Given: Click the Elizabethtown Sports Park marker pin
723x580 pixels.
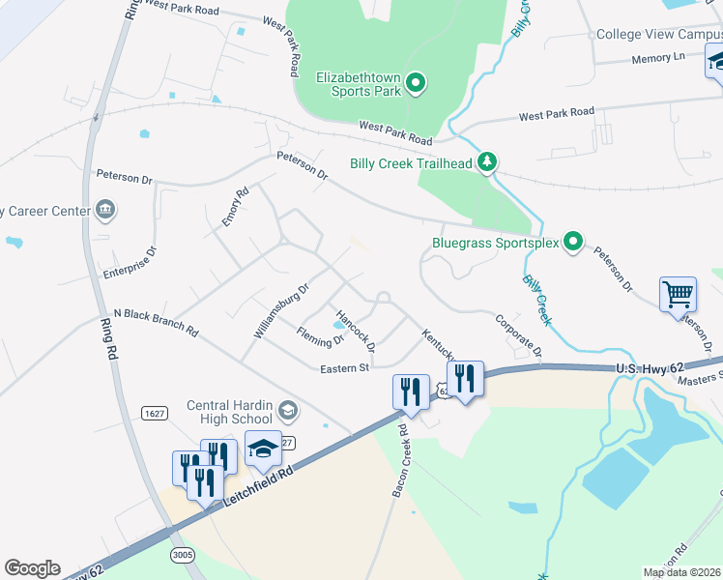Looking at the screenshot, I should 417,84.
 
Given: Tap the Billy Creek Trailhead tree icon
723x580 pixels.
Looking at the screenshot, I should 489,162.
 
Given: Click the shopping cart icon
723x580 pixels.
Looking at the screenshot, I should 678,293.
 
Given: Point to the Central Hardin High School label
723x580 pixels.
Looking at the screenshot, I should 228,412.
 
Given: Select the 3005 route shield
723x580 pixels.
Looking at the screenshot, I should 182,555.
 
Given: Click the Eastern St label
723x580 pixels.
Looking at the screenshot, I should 345,368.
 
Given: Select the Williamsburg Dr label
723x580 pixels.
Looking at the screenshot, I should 280,309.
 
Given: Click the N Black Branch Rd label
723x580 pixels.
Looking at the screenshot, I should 156,322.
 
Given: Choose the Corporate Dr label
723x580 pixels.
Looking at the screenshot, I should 518,334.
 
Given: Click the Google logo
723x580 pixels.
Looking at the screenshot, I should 32,568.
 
